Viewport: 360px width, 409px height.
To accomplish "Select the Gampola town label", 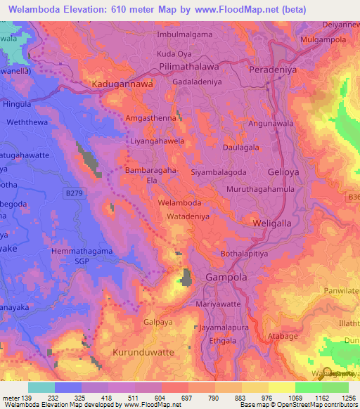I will click(226, 278).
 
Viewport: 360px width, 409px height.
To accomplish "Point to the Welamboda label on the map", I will click(181, 202).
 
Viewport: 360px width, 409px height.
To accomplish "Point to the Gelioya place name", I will click(287, 171).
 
